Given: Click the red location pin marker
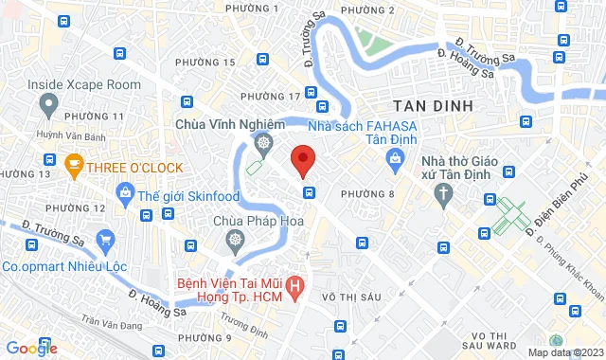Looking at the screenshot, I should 302,159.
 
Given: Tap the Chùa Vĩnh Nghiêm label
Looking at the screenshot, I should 230,124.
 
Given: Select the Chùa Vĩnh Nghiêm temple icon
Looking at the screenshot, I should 264,144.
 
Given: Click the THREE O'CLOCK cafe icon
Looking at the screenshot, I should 73,168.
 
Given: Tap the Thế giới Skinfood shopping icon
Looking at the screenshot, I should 124,194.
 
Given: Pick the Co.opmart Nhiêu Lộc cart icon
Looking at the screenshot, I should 105,240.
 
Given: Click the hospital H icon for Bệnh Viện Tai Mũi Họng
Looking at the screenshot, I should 296,283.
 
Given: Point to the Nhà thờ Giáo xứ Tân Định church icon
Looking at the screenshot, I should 443,194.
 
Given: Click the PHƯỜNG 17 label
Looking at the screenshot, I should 271,97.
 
